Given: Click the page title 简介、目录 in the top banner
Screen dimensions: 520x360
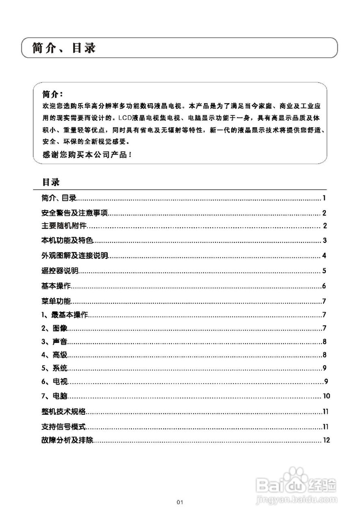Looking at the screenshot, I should tap(64, 48).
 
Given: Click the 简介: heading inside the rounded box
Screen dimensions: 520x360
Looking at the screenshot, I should tap(52, 95).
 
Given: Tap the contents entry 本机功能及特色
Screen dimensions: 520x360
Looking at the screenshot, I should tap(67, 240).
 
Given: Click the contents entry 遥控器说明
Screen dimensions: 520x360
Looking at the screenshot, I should tap(60, 271).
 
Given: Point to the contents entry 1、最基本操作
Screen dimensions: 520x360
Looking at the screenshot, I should tap(65, 315).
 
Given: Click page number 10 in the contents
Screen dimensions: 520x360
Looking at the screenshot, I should tap(326, 396).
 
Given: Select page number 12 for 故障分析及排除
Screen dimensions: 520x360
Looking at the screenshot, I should tap(326, 440).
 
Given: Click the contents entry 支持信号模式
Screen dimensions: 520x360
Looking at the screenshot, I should tap(64, 427).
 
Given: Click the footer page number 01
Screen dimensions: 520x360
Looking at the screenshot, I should tap(180, 502).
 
